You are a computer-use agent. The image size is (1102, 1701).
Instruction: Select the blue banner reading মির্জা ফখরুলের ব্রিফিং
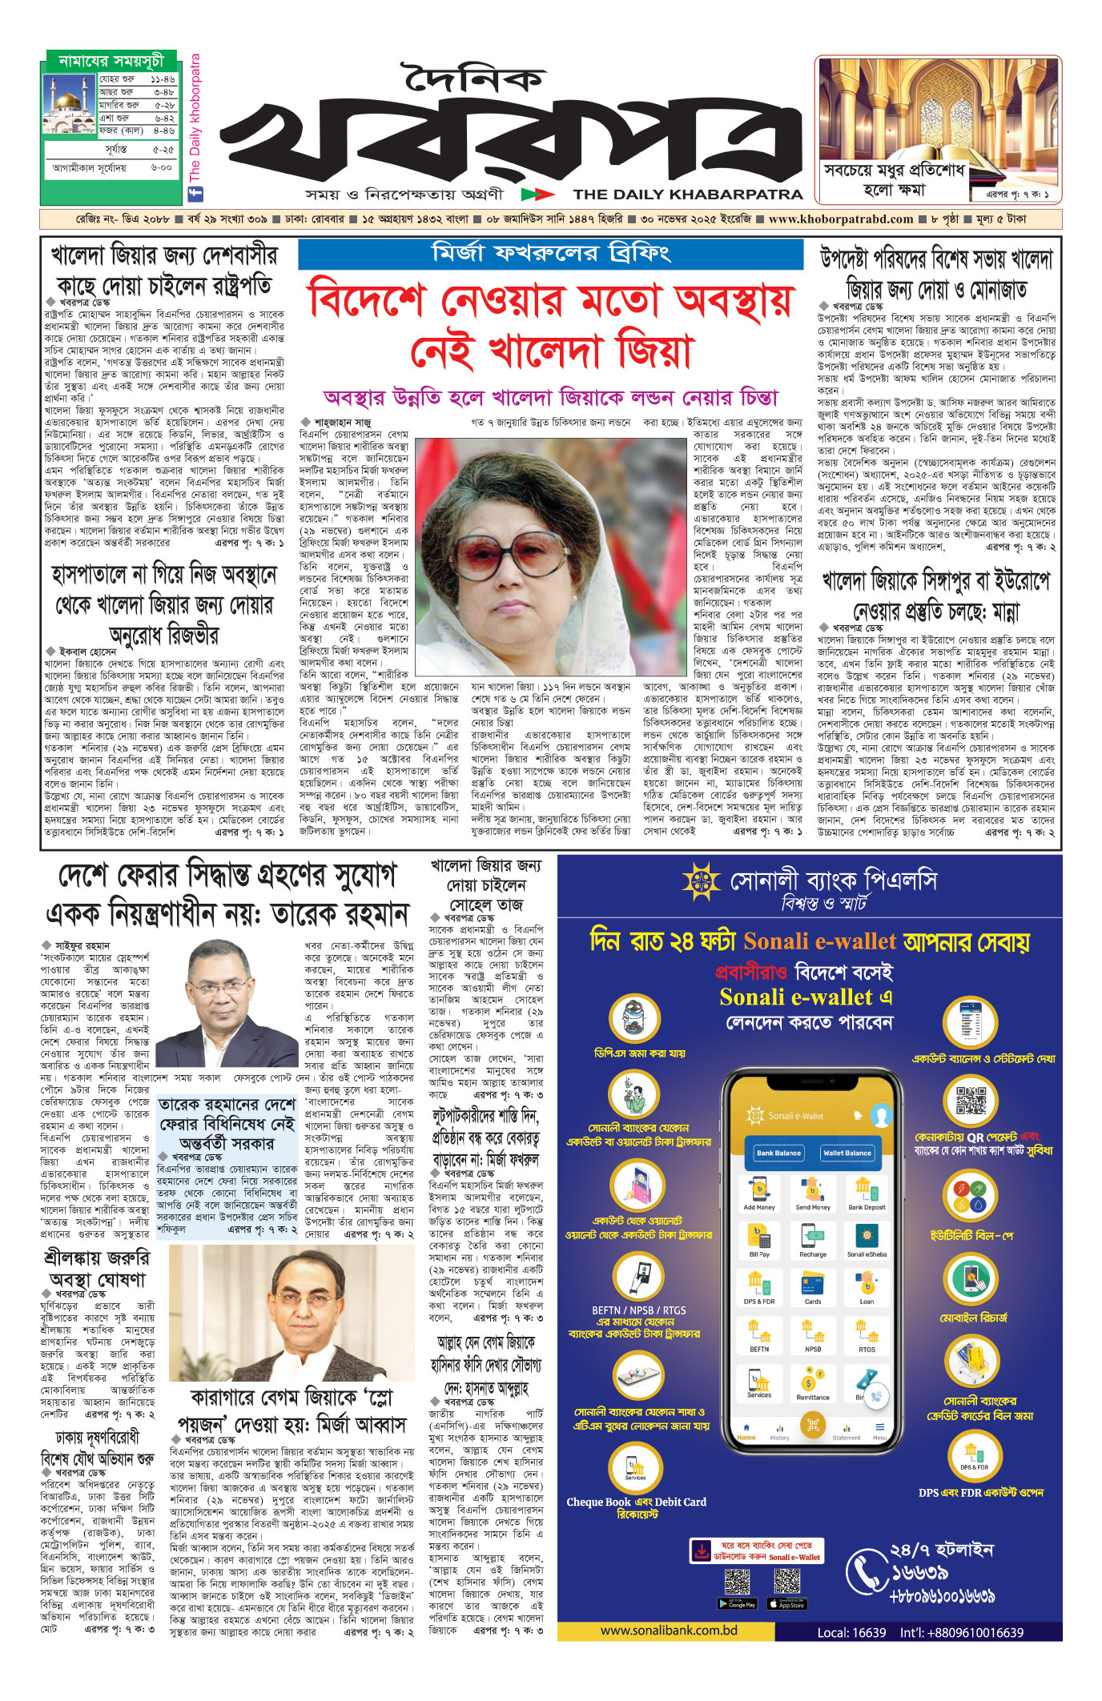pyautogui.click(x=551, y=254)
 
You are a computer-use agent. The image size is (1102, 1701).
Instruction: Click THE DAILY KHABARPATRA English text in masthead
pyautogui.click(x=687, y=194)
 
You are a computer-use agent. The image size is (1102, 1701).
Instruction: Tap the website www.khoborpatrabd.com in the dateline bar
pyautogui.click(x=840, y=219)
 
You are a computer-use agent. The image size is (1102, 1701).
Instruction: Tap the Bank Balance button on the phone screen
pyautogui.click(x=778, y=1153)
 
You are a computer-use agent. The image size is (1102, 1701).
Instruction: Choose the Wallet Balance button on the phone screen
pyautogui.click(x=847, y=1153)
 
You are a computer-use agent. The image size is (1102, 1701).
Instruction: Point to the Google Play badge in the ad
pyautogui.click(x=738, y=1603)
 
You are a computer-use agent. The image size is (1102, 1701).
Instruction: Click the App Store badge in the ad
pyautogui.click(x=786, y=1603)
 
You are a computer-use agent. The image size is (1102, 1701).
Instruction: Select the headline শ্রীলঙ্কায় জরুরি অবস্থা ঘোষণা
pyautogui.click(x=97, y=1269)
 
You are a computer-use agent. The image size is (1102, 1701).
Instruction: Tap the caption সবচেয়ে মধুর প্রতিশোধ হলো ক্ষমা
pyautogui.click(x=894, y=180)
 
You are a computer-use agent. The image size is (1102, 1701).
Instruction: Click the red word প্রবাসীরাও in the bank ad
pyautogui.click(x=750, y=973)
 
